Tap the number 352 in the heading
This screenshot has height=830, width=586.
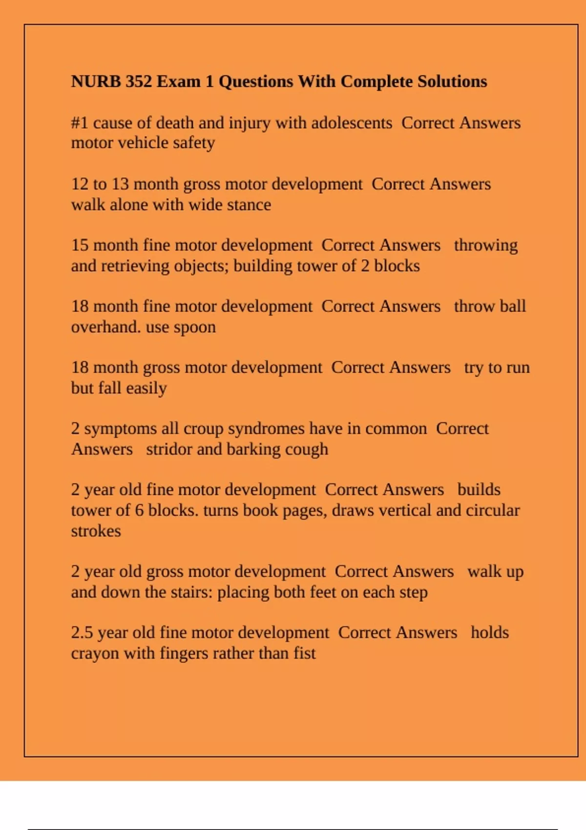[139, 81]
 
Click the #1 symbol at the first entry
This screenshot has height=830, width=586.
[80, 123]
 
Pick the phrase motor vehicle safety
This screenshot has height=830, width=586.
[143, 143]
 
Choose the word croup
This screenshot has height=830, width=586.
[203, 429]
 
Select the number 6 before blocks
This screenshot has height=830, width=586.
[139, 510]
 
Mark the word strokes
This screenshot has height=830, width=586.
[96, 531]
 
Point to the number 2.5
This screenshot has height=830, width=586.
[82, 633]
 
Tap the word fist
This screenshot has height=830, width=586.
[305, 653]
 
